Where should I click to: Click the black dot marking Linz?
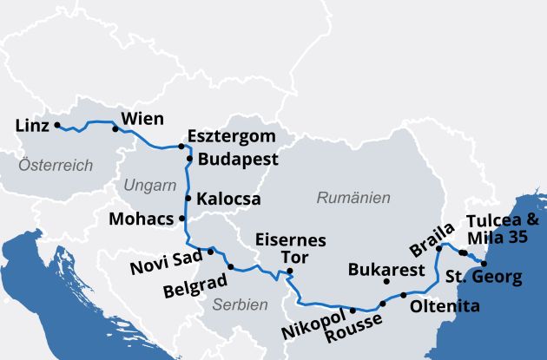(x=57, y=125)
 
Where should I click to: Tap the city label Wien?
(x=142, y=118)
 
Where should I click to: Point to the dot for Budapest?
(x=189, y=159)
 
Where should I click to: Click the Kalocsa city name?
(x=228, y=199)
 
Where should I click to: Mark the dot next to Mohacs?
(x=181, y=219)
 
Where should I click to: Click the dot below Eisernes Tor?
(x=290, y=272)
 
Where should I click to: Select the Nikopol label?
(x=313, y=331)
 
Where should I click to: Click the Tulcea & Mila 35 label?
(x=503, y=228)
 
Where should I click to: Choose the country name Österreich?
(x=56, y=165)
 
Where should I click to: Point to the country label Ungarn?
(x=150, y=186)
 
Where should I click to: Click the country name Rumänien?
(x=353, y=198)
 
